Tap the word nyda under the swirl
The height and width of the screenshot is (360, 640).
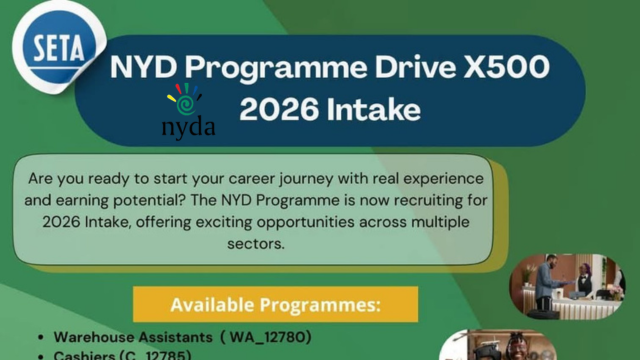(187, 127)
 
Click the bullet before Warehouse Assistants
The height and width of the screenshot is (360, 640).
(38, 339)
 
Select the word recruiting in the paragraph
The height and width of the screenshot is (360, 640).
(368, 199)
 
